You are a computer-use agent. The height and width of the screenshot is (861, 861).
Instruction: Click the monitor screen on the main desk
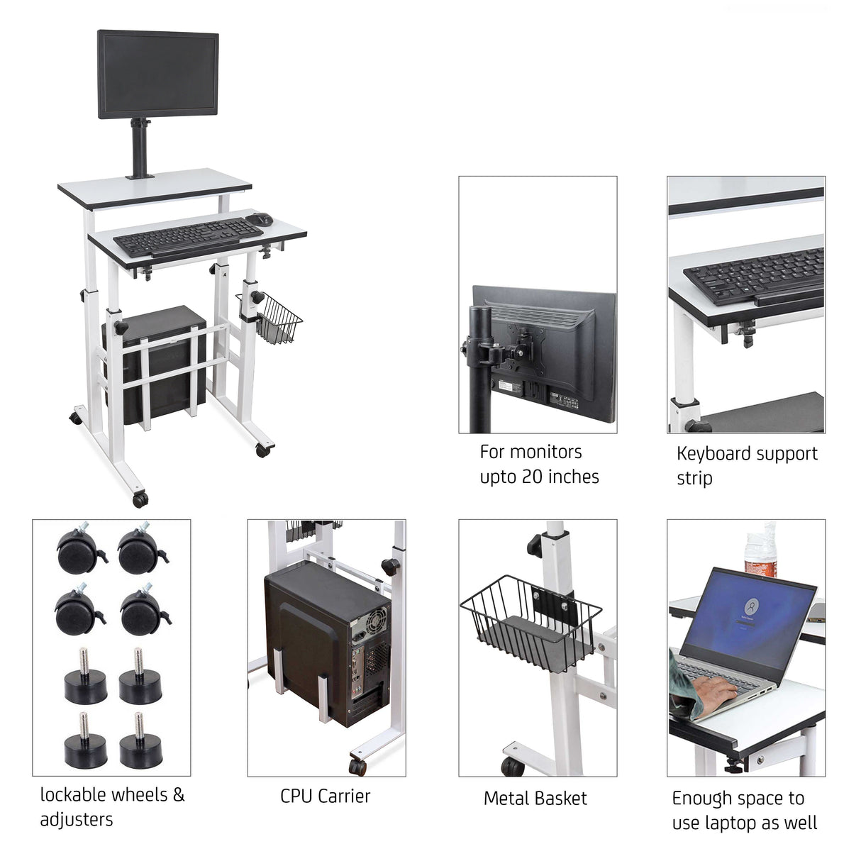(157, 74)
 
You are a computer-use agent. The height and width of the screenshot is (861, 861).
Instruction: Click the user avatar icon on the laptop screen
(752, 606)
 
